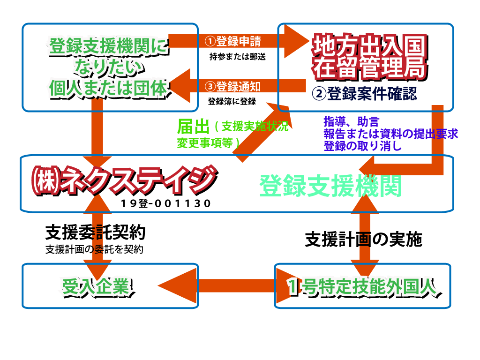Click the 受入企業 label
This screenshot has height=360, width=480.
tap(96, 286)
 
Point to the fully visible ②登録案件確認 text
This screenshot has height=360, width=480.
tap(364, 94)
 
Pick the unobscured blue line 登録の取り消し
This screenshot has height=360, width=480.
tap(362, 146)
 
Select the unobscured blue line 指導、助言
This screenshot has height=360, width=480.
tap(351, 122)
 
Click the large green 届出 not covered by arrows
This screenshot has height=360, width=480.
tap(193, 127)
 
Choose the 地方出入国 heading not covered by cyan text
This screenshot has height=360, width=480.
tap(369, 46)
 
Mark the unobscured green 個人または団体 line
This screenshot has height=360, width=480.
tap(108, 88)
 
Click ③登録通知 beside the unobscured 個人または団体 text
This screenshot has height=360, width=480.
tap(233, 86)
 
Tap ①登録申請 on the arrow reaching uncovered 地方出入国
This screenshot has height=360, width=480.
tap(233, 41)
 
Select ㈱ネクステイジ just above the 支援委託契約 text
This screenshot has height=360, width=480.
tap(123, 180)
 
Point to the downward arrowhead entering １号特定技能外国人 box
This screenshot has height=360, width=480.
tap(364, 268)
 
